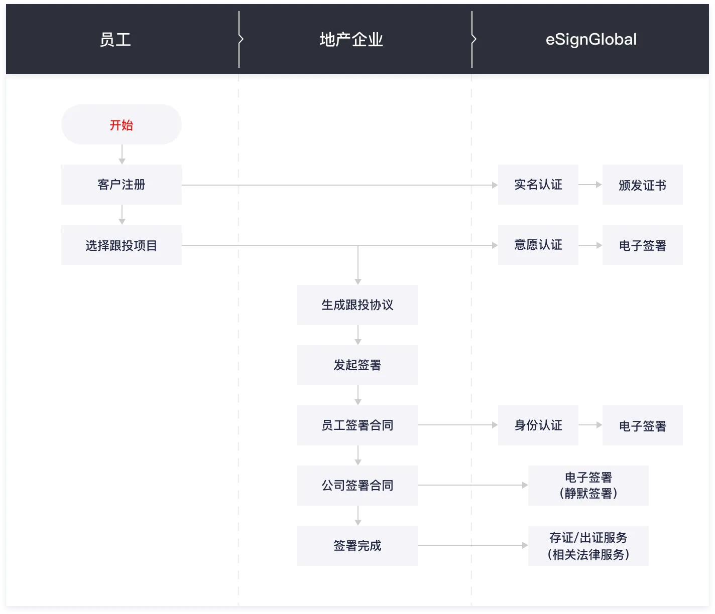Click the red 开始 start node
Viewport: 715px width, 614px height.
121,125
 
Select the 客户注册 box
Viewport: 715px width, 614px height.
121,185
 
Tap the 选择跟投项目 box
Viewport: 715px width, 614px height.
121,245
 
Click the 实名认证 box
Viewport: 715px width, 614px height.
538,185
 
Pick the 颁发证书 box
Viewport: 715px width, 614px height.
642,185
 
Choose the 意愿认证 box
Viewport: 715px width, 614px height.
538,245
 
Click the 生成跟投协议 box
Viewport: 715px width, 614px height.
357,305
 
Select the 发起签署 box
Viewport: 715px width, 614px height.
357,365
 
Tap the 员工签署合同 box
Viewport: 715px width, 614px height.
357,425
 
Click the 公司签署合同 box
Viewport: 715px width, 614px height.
357,486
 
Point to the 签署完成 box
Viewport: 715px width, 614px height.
357,546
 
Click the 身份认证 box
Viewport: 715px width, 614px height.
538,425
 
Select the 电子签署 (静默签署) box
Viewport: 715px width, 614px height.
588,486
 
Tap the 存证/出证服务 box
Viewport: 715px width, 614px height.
588,546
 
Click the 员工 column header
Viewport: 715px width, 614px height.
115,40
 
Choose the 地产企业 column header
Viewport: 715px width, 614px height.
351,40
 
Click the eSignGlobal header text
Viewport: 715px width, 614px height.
591,40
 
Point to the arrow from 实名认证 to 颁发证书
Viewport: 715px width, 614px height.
590,185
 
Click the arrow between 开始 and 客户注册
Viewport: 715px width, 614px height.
122,155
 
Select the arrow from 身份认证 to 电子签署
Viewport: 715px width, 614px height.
590,425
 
